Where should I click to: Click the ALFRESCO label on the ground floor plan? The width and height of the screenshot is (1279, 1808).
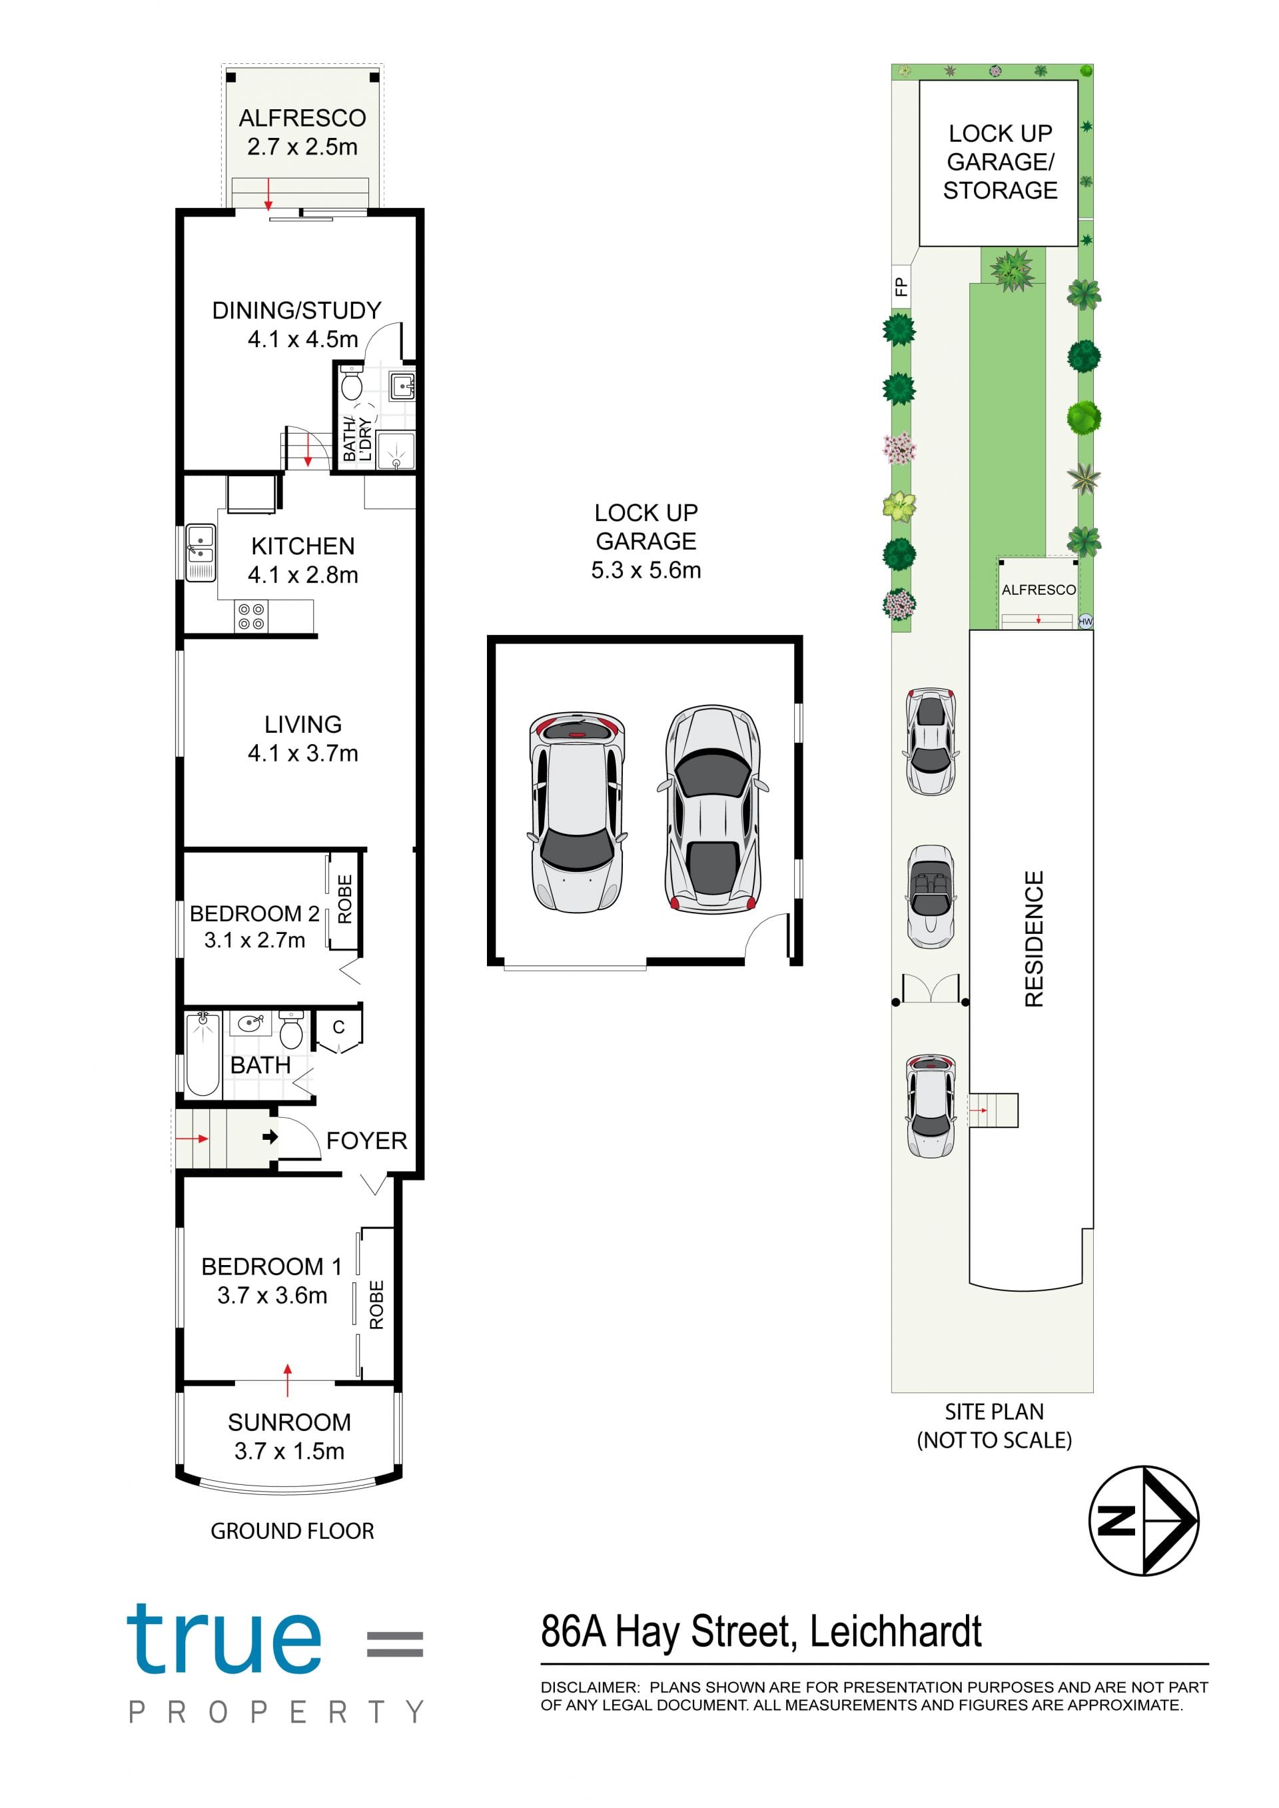[302, 118]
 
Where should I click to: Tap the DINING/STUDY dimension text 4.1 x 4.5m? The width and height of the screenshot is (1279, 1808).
[303, 339]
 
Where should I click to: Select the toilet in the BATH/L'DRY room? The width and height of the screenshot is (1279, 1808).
[351, 384]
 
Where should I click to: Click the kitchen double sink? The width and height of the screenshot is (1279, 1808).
[200, 553]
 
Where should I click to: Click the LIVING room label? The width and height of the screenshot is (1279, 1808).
[303, 724]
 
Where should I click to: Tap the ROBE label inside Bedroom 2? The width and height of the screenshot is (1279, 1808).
[345, 899]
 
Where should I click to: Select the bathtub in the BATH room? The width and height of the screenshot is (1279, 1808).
[203, 1055]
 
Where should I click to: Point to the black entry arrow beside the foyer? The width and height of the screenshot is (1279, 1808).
[270, 1137]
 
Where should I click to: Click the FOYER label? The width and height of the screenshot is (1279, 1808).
[367, 1140]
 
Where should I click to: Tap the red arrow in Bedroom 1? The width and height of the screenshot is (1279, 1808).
[288, 1380]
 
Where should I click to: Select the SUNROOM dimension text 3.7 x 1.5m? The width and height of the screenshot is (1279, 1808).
[290, 1452]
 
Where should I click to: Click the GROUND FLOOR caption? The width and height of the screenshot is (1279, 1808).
[292, 1531]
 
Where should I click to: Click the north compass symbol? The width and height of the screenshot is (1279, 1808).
[1144, 1521]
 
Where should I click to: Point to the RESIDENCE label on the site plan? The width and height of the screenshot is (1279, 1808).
[1034, 939]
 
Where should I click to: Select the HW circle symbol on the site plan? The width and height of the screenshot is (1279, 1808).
[1085, 622]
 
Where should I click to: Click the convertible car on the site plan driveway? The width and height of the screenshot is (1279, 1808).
[931, 897]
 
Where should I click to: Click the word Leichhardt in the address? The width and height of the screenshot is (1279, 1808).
[895, 1631]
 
